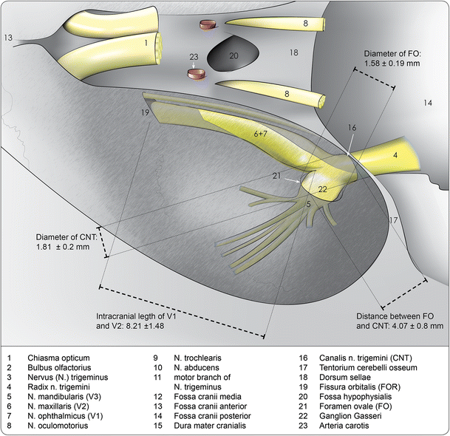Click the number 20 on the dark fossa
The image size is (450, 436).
[x=233, y=56]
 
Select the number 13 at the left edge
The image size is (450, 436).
[x=8, y=37]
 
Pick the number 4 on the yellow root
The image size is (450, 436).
[x=395, y=155]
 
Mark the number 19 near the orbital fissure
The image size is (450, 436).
[x=145, y=112]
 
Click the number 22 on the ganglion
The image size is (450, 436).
[x=322, y=189]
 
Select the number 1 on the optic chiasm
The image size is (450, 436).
[x=146, y=43]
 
